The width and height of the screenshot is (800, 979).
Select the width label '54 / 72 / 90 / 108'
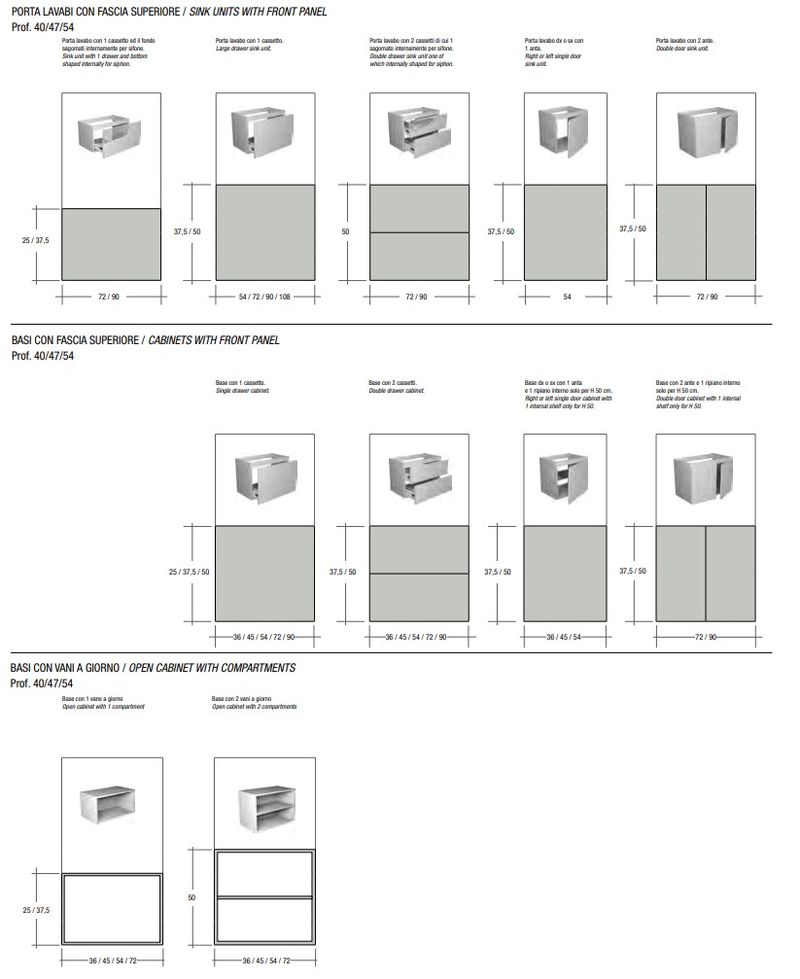(x=263, y=297)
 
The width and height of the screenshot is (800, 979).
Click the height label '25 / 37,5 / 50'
(x=188, y=572)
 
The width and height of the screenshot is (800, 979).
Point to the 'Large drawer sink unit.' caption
(x=235, y=48)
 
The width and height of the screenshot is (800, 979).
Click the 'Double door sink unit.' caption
(x=682, y=48)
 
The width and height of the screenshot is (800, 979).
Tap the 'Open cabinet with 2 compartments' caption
(x=254, y=707)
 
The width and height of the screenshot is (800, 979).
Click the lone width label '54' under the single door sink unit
(x=566, y=297)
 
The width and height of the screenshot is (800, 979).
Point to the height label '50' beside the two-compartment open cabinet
(x=191, y=897)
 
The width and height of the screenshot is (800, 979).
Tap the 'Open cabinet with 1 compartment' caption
(x=103, y=707)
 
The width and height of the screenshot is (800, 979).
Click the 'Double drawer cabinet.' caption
(x=394, y=389)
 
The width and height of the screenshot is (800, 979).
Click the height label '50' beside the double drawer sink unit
(x=345, y=231)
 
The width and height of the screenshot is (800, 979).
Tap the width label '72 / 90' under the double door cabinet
(x=707, y=637)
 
